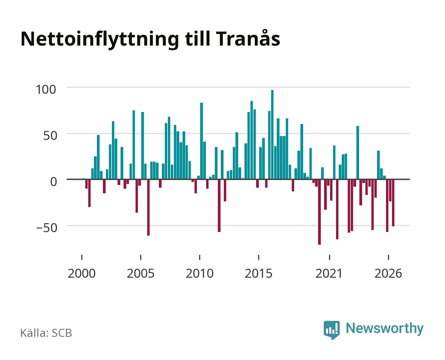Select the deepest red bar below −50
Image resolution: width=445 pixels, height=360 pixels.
click(319, 212)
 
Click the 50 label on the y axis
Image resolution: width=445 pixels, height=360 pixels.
click(50, 136)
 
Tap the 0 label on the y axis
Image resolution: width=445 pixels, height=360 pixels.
click(54, 182)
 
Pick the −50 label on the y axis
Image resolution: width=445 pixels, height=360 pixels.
click(47, 228)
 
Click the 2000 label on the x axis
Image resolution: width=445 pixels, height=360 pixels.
click(82, 273)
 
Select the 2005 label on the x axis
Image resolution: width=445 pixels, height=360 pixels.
click(141, 273)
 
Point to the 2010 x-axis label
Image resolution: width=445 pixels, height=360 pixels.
click(200, 273)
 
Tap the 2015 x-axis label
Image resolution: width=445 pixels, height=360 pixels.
click(259, 273)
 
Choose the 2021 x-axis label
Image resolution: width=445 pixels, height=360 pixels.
click(329, 273)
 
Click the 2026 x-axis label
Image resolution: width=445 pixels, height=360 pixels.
click(388, 273)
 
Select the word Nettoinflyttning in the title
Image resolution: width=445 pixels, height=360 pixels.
click(100, 40)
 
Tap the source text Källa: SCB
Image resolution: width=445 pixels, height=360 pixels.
click(46, 333)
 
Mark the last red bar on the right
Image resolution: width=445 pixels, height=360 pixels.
click(393, 203)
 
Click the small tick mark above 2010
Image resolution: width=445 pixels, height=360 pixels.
click(200, 257)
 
